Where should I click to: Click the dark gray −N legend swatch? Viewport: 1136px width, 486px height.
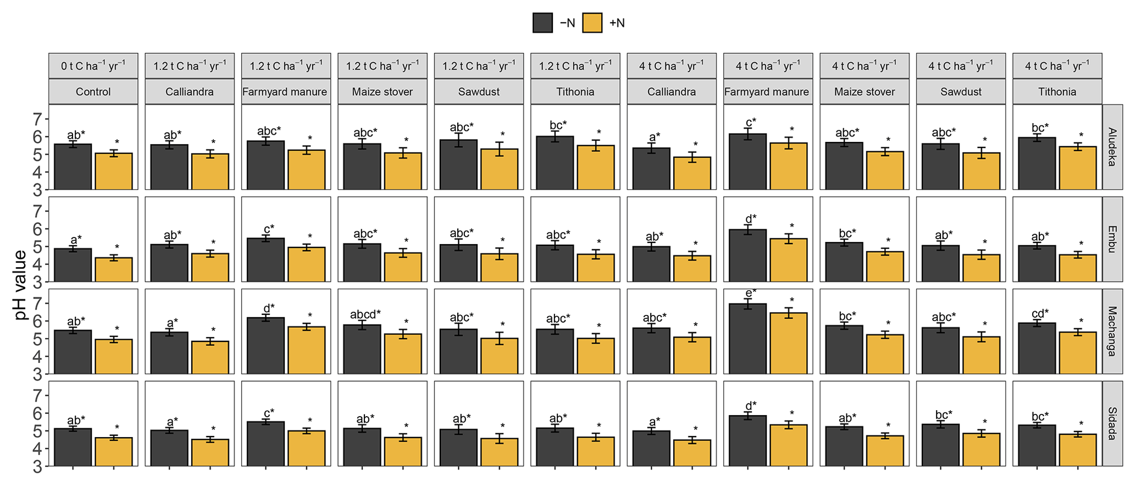pyautogui.click(x=542, y=23)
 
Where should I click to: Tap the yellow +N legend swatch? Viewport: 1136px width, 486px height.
pyautogui.click(x=592, y=23)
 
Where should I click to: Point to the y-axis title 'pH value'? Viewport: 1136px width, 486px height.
pyautogui.click(x=20, y=285)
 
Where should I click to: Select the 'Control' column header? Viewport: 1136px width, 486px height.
pyautogui.click(x=93, y=92)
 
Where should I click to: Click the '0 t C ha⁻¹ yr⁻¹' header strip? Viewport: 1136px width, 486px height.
pyautogui.click(x=93, y=66)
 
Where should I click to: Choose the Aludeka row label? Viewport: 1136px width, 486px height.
pyautogui.click(x=1112, y=147)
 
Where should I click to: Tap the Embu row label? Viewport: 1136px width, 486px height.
pyautogui.click(x=1112, y=239)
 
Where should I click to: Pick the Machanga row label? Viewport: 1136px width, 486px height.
pyautogui.click(x=1112, y=331)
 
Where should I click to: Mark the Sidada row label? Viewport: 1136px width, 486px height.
pyautogui.click(x=1112, y=423)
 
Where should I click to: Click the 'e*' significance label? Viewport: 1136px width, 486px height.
pyautogui.click(x=751, y=292)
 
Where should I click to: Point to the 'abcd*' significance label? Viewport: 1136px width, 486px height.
pyautogui.click(x=365, y=314)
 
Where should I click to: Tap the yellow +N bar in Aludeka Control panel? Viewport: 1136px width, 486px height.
pyautogui.click(x=114, y=171)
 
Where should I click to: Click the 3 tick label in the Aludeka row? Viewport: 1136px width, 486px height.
pyautogui.click(x=38, y=190)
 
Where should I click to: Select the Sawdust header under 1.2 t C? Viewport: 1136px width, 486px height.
pyautogui.click(x=479, y=92)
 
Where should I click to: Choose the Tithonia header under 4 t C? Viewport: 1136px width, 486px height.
pyautogui.click(x=1057, y=92)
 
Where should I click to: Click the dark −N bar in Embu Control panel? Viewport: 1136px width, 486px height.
pyautogui.click(x=73, y=265)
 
